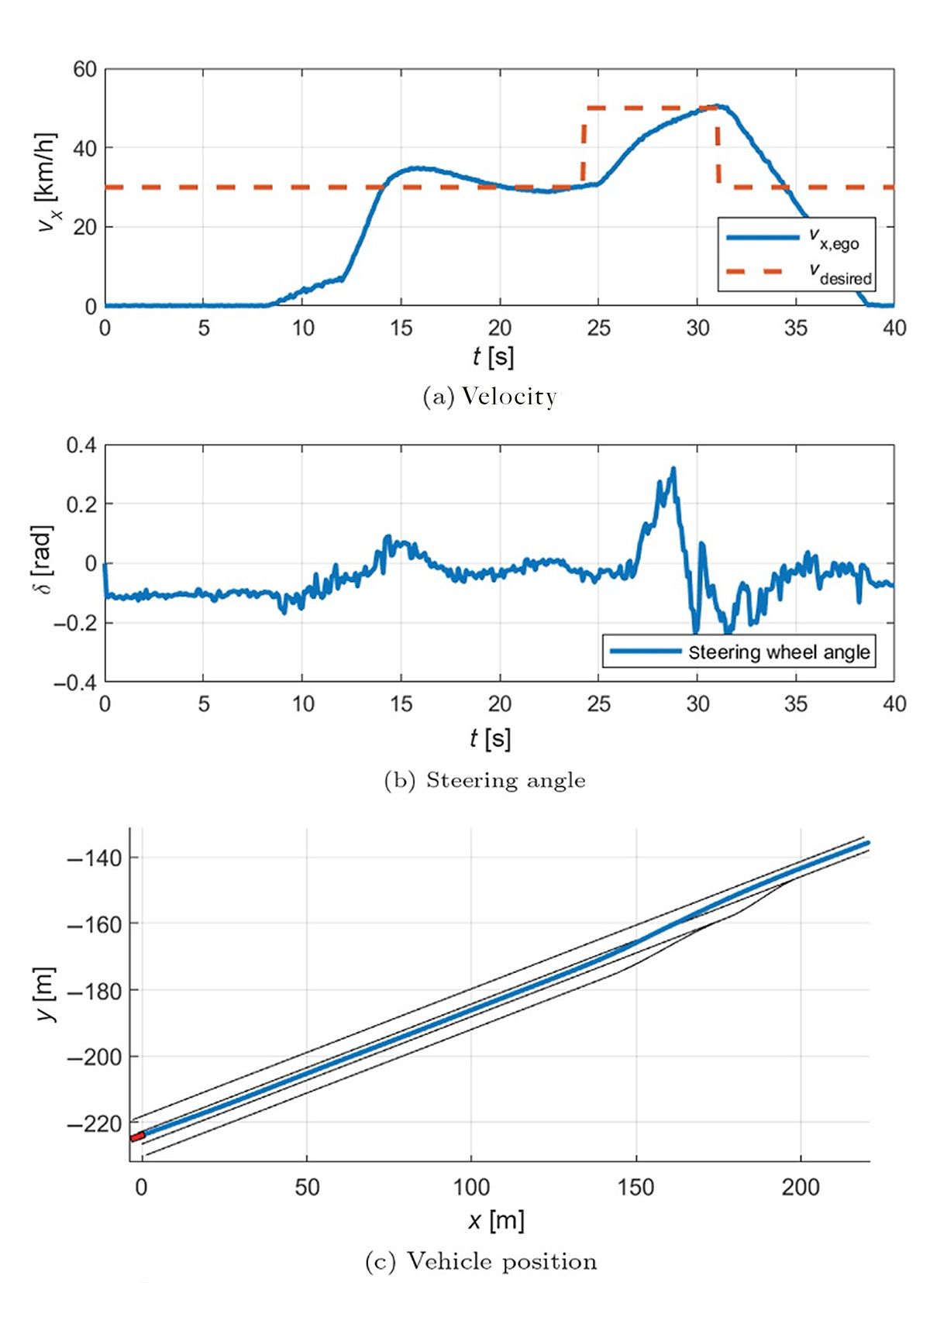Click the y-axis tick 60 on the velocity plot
(x=84, y=70)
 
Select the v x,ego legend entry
(x=798, y=238)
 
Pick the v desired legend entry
(x=798, y=273)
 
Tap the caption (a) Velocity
(x=490, y=397)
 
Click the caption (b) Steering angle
(x=485, y=780)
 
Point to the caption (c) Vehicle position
(x=481, y=1262)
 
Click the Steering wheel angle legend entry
(x=739, y=652)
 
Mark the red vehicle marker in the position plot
(x=137, y=1136)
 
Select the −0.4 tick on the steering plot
(x=74, y=683)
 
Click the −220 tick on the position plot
(x=95, y=1123)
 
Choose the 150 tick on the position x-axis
(x=635, y=1188)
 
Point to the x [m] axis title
(x=497, y=1221)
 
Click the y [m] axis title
(x=46, y=995)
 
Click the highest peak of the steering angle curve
(x=673, y=469)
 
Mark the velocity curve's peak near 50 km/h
(x=719, y=106)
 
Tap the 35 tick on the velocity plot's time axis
(x=796, y=328)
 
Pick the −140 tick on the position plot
(x=95, y=858)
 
